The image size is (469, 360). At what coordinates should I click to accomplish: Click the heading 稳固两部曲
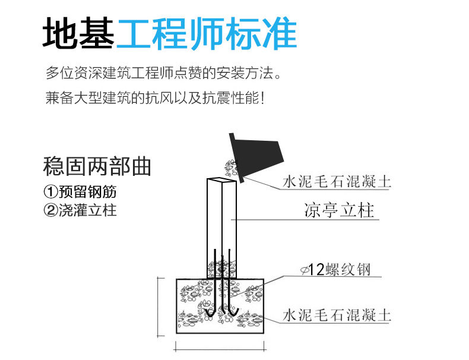pos(97,166)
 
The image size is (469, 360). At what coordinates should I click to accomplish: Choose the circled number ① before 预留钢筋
pos(51,192)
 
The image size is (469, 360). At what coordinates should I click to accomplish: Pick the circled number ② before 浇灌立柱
pos(51,210)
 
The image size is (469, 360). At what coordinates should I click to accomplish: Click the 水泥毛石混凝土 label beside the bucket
pos(337,181)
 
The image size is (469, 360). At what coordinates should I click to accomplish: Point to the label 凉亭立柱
pos(339,211)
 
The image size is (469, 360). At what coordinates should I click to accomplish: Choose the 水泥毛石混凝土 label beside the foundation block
pos(337,314)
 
